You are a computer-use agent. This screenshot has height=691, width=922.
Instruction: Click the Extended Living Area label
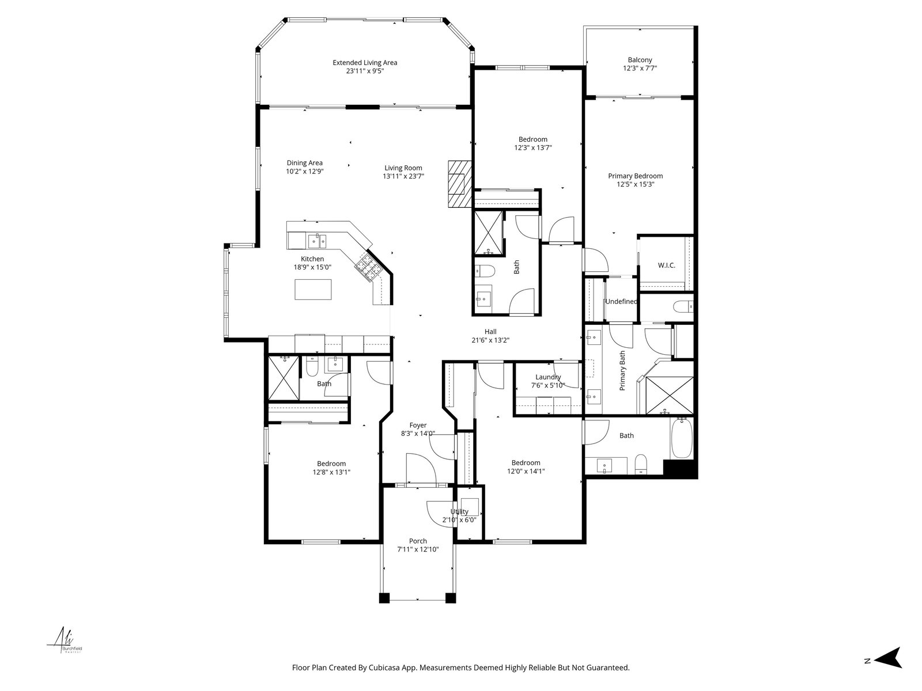365,63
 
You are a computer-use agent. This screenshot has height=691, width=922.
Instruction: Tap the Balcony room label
640,60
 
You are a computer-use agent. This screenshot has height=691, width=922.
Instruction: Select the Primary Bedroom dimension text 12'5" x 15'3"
635,184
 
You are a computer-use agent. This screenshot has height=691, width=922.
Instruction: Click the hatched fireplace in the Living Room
459,184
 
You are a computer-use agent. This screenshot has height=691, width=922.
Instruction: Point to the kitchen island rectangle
313,290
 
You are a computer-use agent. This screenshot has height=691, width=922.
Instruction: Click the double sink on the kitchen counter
317,241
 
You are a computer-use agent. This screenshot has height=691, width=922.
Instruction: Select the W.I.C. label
666,265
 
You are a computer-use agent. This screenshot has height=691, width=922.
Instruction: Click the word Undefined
621,301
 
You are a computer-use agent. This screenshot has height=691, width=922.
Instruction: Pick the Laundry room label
548,377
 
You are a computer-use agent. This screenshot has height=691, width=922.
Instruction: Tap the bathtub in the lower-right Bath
681,438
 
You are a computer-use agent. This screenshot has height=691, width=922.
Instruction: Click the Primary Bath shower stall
669,395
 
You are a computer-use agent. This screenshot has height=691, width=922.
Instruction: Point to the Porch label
418,541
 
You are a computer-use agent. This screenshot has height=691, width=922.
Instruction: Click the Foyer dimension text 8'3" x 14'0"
418,434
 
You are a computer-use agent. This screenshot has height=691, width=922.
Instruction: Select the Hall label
490,332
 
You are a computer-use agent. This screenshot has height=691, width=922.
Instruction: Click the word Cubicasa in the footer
384,667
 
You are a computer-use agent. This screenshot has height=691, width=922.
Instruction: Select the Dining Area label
304,163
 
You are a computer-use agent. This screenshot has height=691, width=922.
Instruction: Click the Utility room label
459,511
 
